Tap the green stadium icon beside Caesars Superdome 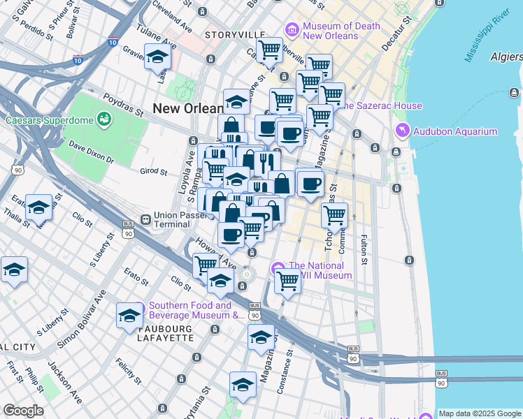(x=104, y=120)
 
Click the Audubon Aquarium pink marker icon (x=402, y=131)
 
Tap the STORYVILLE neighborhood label (x=235, y=35)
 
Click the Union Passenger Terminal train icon (x=145, y=219)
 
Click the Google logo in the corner (x=23, y=411)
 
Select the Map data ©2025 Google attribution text (x=478, y=413)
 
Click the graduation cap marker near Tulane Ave (x=158, y=57)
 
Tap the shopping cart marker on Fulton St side (x=334, y=215)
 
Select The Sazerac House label (x=380, y=105)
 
